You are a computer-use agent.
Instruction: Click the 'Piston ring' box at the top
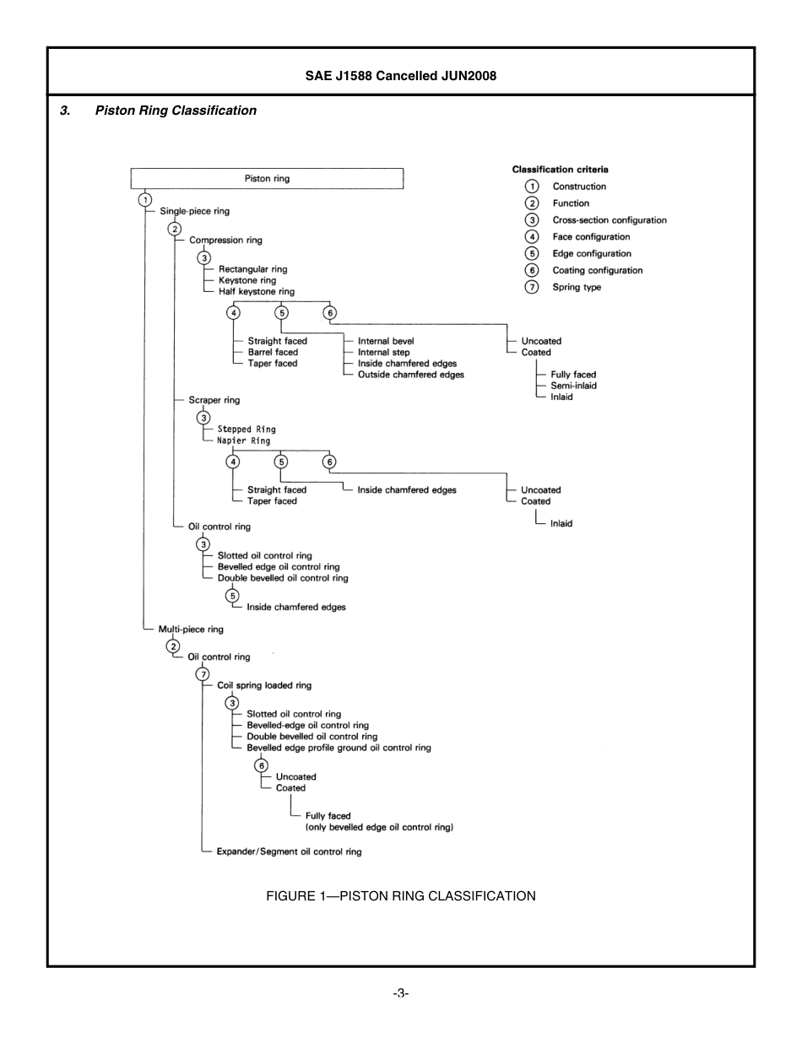click(x=267, y=179)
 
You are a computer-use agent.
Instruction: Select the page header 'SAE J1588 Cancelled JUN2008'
click(x=400, y=76)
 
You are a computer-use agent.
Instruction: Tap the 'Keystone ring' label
click(x=247, y=280)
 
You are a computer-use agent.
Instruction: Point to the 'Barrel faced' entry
click(x=273, y=353)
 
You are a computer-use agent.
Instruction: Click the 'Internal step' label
click(x=384, y=353)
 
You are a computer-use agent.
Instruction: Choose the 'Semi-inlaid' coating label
click(x=573, y=386)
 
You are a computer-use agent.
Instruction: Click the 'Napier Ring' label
click(x=244, y=441)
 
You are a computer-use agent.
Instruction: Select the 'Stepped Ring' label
click(x=247, y=430)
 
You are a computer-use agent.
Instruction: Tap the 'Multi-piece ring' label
click(x=191, y=630)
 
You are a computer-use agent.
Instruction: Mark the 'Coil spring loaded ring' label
click(x=264, y=686)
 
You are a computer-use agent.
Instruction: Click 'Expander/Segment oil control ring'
click(x=289, y=852)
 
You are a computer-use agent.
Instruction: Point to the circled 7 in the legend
click(x=532, y=287)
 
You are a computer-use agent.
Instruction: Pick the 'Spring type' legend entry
click(x=577, y=288)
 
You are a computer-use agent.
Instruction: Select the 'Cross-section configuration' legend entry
click(x=609, y=220)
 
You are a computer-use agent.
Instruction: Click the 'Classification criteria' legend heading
click(x=560, y=170)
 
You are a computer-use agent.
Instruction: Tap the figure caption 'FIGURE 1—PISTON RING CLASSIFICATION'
click(x=400, y=896)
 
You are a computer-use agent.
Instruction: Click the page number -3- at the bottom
click(x=400, y=993)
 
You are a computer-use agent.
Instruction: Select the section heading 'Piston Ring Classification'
click(x=176, y=111)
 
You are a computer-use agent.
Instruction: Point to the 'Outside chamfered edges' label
click(x=410, y=375)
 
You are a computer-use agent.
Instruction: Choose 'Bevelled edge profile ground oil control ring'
click(x=339, y=748)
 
